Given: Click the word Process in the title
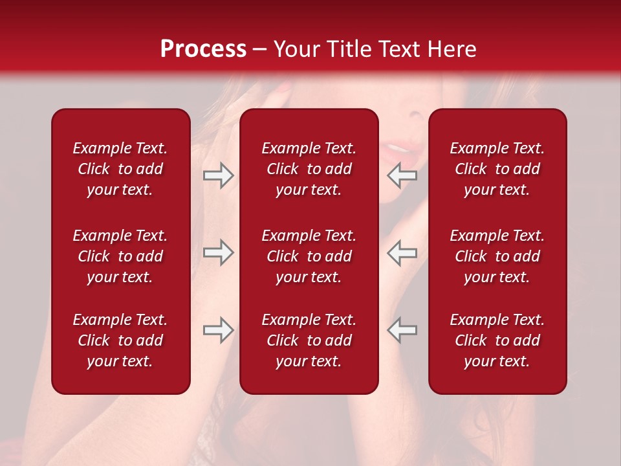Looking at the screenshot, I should [x=203, y=49].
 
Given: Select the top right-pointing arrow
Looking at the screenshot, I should [x=218, y=175].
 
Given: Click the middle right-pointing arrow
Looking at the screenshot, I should [x=218, y=252].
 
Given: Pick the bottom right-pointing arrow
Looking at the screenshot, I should [x=218, y=330].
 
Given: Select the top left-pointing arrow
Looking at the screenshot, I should [x=402, y=175].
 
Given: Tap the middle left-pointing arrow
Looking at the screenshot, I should [x=402, y=252].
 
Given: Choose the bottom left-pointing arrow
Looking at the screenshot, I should [x=402, y=330].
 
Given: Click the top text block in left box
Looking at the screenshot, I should [x=120, y=169].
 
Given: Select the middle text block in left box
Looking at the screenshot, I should [x=120, y=256].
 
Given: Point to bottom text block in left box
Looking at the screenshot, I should [x=120, y=340].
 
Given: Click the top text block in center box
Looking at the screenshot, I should [x=309, y=169].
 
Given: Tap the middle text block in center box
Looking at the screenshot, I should [x=309, y=256].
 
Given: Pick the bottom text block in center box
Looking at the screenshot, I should [x=309, y=340].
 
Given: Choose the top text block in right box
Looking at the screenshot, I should [x=497, y=169].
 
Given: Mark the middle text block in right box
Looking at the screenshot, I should [x=497, y=256].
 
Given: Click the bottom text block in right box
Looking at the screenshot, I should [x=497, y=340].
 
